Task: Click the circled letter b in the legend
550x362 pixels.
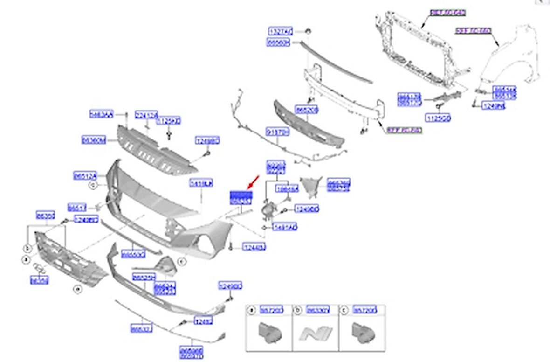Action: [x=297, y=310]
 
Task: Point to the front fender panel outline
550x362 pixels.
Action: [x=508, y=61]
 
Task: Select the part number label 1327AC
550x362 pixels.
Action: [x=280, y=31]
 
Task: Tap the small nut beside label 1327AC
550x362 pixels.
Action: [x=308, y=31]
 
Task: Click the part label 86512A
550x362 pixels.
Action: [x=85, y=176]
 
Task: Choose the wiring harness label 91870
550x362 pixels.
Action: [x=278, y=132]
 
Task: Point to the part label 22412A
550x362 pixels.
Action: [x=146, y=114]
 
